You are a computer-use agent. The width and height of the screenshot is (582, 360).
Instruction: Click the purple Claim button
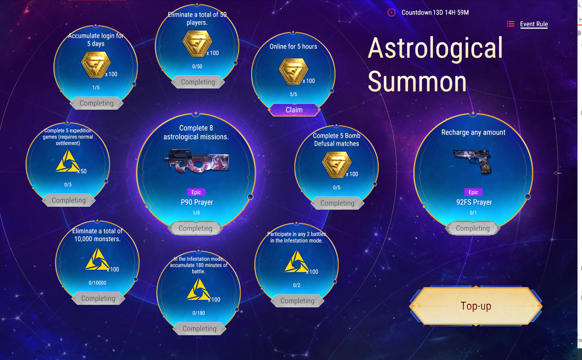click(294, 110)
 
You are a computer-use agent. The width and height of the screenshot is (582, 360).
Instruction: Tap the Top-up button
click(475, 306)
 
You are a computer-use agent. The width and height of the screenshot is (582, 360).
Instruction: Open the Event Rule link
click(534, 24)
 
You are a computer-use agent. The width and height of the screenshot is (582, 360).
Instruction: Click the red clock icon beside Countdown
click(391, 12)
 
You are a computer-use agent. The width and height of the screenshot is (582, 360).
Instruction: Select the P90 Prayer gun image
click(196, 160)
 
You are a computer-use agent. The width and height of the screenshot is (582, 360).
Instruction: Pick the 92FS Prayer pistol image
click(473, 161)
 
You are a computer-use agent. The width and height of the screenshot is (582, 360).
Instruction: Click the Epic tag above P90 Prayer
click(196, 192)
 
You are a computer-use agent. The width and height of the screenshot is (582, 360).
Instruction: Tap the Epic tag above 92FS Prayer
click(473, 192)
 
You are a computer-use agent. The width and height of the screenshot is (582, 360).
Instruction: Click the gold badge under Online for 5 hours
click(293, 71)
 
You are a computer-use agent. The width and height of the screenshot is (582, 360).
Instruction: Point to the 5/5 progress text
click(293, 94)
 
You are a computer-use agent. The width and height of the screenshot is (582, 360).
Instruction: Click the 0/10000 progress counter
click(97, 283)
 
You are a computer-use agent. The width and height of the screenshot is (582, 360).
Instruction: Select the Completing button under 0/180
click(199, 328)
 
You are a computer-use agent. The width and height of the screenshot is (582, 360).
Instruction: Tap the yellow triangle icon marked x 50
click(68, 161)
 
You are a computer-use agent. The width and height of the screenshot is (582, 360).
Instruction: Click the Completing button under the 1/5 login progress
click(96, 103)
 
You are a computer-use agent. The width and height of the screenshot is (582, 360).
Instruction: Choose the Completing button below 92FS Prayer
click(473, 228)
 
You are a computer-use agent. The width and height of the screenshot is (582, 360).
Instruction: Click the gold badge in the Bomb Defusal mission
click(336, 165)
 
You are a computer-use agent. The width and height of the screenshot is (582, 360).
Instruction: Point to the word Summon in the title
click(417, 82)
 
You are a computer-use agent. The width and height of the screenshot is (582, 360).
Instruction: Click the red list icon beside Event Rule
click(510, 24)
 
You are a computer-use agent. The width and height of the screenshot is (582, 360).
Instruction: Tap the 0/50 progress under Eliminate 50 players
click(197, 67)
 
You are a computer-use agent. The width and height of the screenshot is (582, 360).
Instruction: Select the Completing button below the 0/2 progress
click(297, 301)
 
